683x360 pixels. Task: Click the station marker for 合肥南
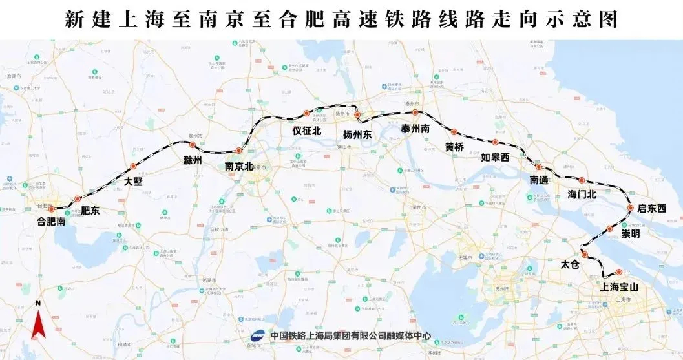[x=52, y=209]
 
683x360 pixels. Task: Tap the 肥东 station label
[x=90, y=211]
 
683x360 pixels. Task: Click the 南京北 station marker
[x=239, y=151]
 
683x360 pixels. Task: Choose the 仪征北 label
[x=307, y=130]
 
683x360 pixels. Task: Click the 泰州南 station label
[x=415, y=129]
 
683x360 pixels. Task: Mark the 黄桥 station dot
[x=454, y=132]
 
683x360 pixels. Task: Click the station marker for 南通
[x=538, y=167]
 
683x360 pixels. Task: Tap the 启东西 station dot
[x=631, y=208]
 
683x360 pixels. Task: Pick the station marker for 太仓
[x=585, y=255]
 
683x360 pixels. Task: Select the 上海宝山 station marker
[x=618, y=272]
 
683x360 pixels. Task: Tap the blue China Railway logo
[x=258, y=335]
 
